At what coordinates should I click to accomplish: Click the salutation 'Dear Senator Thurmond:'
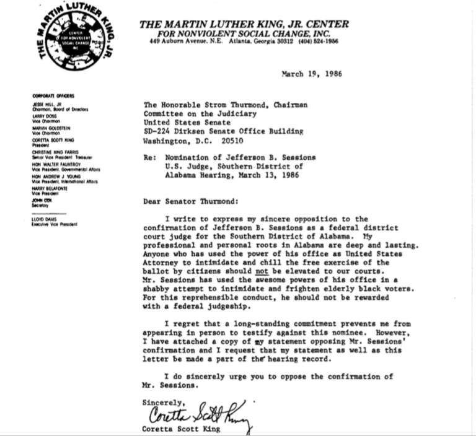point(184,201)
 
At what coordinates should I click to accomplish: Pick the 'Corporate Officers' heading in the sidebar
point(53,96)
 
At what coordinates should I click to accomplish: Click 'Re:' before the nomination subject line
point(149,158)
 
